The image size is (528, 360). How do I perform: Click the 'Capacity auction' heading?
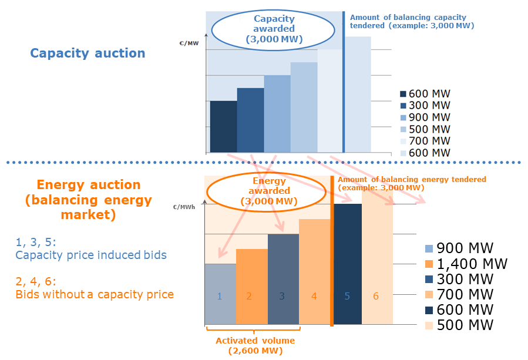(x=88, y=53)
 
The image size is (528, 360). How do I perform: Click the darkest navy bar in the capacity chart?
(x=223, y=126)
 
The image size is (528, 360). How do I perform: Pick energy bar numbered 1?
(x=220, y=294)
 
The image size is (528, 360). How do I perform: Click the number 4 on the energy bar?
(x=314, y=296)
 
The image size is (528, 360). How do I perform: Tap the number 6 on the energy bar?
(x=376, y=296)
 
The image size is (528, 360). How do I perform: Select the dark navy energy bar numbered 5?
(x=347, y=264)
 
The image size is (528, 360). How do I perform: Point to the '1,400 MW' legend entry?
(x=465, y=264)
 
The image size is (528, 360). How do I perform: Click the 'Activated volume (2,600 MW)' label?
(x=255, y=346)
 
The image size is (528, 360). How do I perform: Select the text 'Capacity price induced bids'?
(x=91, y=255)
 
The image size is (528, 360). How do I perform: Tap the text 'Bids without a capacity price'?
(x=95, y=294)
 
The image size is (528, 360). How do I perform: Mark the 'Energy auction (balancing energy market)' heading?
(x=88, y=200)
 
